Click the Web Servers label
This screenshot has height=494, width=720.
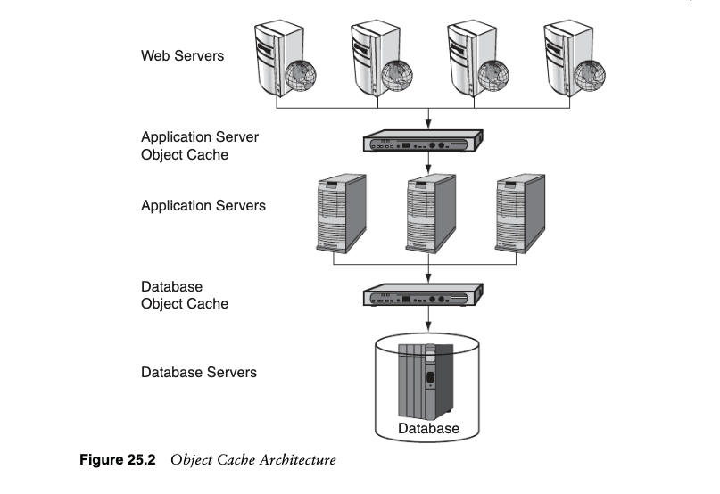(183, 56)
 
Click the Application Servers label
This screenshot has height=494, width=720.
(203, 206)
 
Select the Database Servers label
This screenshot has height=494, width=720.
(199, 371)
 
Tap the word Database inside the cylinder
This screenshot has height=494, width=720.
(429, 429)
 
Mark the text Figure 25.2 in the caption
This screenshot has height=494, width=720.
(118, 460)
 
